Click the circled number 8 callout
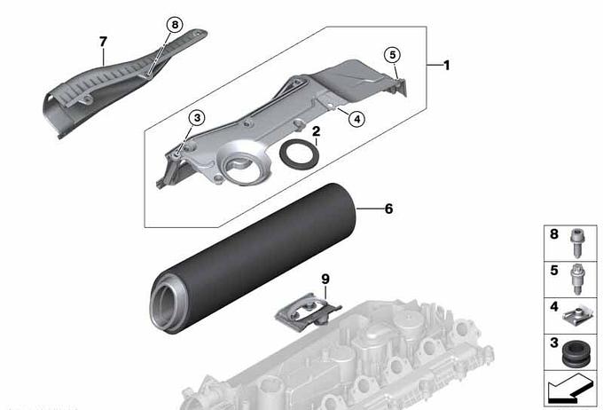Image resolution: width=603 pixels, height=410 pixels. (x=175, y=25)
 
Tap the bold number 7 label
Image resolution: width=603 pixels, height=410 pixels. (x=103, y=42)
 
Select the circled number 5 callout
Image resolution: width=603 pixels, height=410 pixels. (x=392, y=55)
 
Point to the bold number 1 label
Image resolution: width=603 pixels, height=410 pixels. (x=446, y=66)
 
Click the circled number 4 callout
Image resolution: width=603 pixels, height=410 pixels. (x=356, y=119)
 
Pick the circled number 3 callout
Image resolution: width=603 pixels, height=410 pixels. (x=197, y=118)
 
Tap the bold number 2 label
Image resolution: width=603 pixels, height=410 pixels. (x=316, y=131)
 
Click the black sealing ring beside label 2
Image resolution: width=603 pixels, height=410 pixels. (x=299, y=154)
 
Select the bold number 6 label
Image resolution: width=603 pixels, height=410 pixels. (x=388, y=209)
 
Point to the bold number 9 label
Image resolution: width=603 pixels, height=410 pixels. (x=325, y=280)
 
